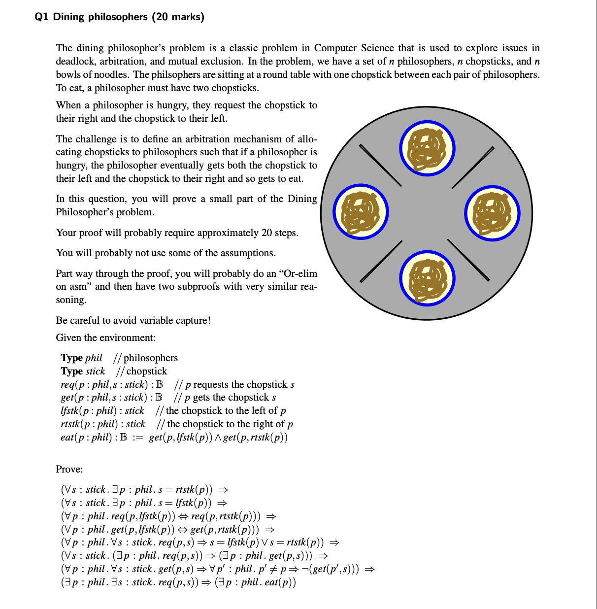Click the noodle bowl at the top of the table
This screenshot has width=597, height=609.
point(427,148)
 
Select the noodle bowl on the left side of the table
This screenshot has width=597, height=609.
point(361,212)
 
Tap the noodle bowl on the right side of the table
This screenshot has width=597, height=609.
point(492,213)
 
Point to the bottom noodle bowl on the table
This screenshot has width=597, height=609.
point(427,278)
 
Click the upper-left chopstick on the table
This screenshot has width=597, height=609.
point(380,165)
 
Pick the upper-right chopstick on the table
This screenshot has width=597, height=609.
point(473,168)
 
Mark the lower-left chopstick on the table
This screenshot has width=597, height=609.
point(381,262)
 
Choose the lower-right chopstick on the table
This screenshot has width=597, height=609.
point(468,260)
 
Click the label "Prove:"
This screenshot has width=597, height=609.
point(69,469)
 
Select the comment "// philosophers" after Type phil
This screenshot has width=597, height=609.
point(146,358)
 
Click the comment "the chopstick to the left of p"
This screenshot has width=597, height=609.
point(226,411)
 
